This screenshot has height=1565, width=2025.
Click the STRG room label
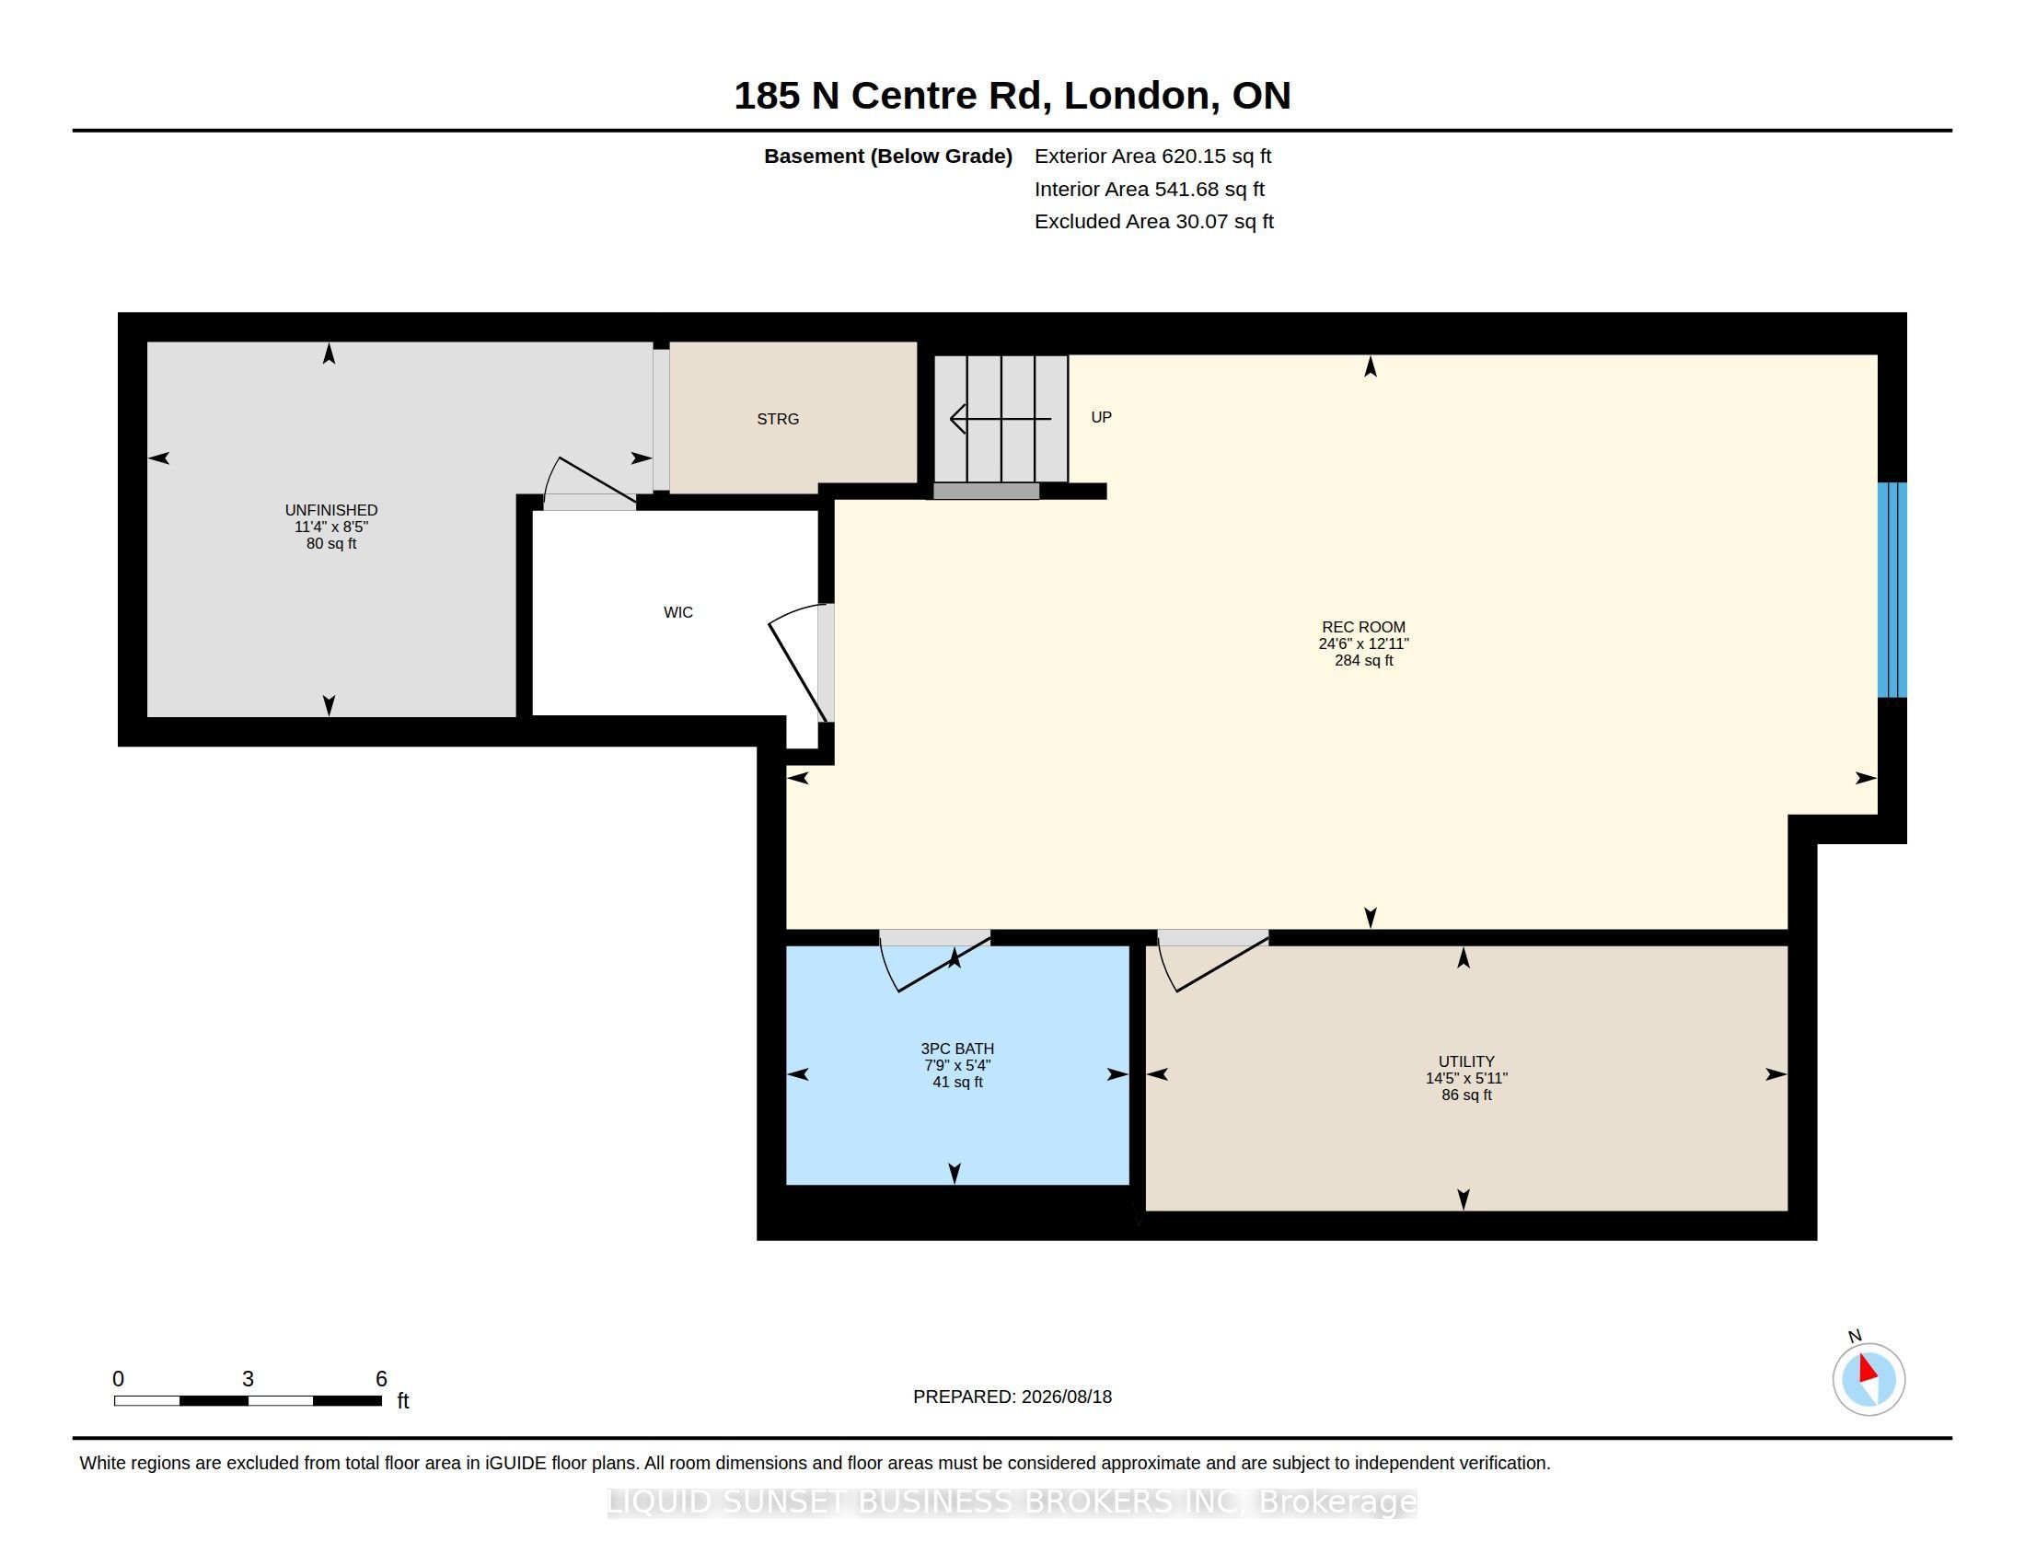click(x=777, y=419)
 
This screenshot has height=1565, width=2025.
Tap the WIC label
click(x=677, y=612)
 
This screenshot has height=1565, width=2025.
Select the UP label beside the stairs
click(x=1101, y=417)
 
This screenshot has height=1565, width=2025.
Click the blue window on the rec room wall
click(x=1892, y=590)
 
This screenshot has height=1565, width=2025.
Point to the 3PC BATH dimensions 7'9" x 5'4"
click(x=957, y=1065)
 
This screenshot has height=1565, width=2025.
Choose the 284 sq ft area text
click(x=1363, y=660)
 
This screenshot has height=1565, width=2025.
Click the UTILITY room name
click(x=1466, y=1061)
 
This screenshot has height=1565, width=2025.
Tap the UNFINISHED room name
click(x=331, y=510)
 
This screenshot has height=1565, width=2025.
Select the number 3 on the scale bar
click(x=248, y=1379)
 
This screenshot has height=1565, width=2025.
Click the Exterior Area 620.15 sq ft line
click(x=1152, y=156)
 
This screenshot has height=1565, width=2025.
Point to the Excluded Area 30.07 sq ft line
click(x=1153, y=221)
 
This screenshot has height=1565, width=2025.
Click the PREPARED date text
click(x=1012, y=1397)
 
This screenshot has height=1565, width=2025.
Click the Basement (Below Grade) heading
click(x=887, y=156)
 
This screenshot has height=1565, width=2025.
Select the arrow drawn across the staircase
click(x=1001, y=419)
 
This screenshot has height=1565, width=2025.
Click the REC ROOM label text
click(x=1363, y=627)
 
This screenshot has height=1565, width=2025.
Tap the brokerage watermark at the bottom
click(x=1012, y=1501)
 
